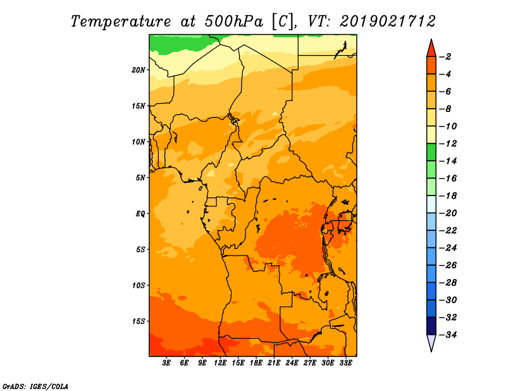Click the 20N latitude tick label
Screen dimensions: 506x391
pos(139,70)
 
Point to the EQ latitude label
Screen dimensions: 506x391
pos(140,214)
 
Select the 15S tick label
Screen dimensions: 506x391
pos(139,321)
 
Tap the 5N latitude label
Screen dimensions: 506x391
pos(140,178)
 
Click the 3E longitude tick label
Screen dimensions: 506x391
pos(166,363)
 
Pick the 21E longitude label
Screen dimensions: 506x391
pos(273,363)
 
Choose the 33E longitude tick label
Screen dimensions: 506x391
pos(345,363)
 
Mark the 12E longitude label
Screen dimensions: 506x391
pos(219,363)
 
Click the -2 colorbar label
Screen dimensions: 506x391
pos(445,57)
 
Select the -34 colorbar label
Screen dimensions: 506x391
pos(448,335)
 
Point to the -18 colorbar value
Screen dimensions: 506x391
pos(448,195)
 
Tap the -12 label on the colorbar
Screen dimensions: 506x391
pos(448,144)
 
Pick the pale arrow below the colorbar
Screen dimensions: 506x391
pos(431,342)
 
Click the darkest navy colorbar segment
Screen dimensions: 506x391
pos(431,326)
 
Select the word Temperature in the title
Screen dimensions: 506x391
pos(121,22)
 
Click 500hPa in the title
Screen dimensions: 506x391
pos(233,22)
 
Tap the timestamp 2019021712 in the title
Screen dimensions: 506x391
pos(388,22)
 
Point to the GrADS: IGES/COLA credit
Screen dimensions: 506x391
pos(35,386)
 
